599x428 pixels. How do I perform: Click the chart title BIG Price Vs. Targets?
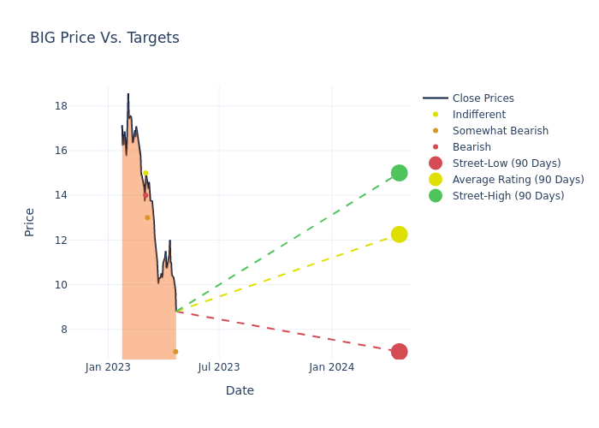[x=104, y=38]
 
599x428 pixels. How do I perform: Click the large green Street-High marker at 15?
[x=399, y=173]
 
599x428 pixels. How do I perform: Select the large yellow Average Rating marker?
[x=399, y=235]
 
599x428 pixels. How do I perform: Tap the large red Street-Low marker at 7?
[x=399, y=352]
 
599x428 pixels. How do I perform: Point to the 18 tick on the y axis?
[x=85, y=106]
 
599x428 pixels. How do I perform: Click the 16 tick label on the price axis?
[x=85, y=151]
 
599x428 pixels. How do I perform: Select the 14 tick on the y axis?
[x=85, y=195]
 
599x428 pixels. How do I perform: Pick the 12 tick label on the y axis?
[x=85, y=240]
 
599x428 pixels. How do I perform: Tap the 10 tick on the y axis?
[x=85, y=284]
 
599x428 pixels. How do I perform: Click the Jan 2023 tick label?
[x=108, y=367]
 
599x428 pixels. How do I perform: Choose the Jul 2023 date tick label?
[x=219, y=367]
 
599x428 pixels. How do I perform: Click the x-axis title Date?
[x=240, y=390]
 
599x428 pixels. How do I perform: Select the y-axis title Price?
[x=30, y=222]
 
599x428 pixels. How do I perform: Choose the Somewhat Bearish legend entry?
[x=500, y=131]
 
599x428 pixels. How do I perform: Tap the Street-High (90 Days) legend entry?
[x=507, y=196]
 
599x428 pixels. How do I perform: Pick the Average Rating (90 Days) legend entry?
[x=518, y=180]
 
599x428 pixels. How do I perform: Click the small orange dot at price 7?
[x=175, y=352]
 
